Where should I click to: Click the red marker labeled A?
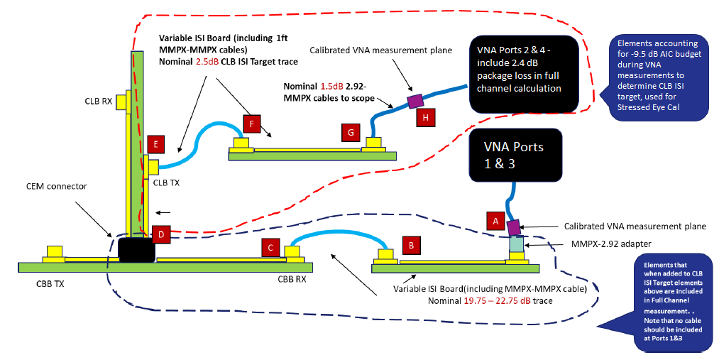(x=496, y=221)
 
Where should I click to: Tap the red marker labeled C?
(x=270, y=247)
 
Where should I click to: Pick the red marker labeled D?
(x=161, y=233)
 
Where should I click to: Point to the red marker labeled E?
(x=156, y=146)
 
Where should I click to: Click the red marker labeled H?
(x=424, y=117)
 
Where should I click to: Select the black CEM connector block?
(x=138, y=250)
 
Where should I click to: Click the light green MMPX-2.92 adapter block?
(x=517, y=245)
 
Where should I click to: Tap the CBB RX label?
(x=292, y=280)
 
